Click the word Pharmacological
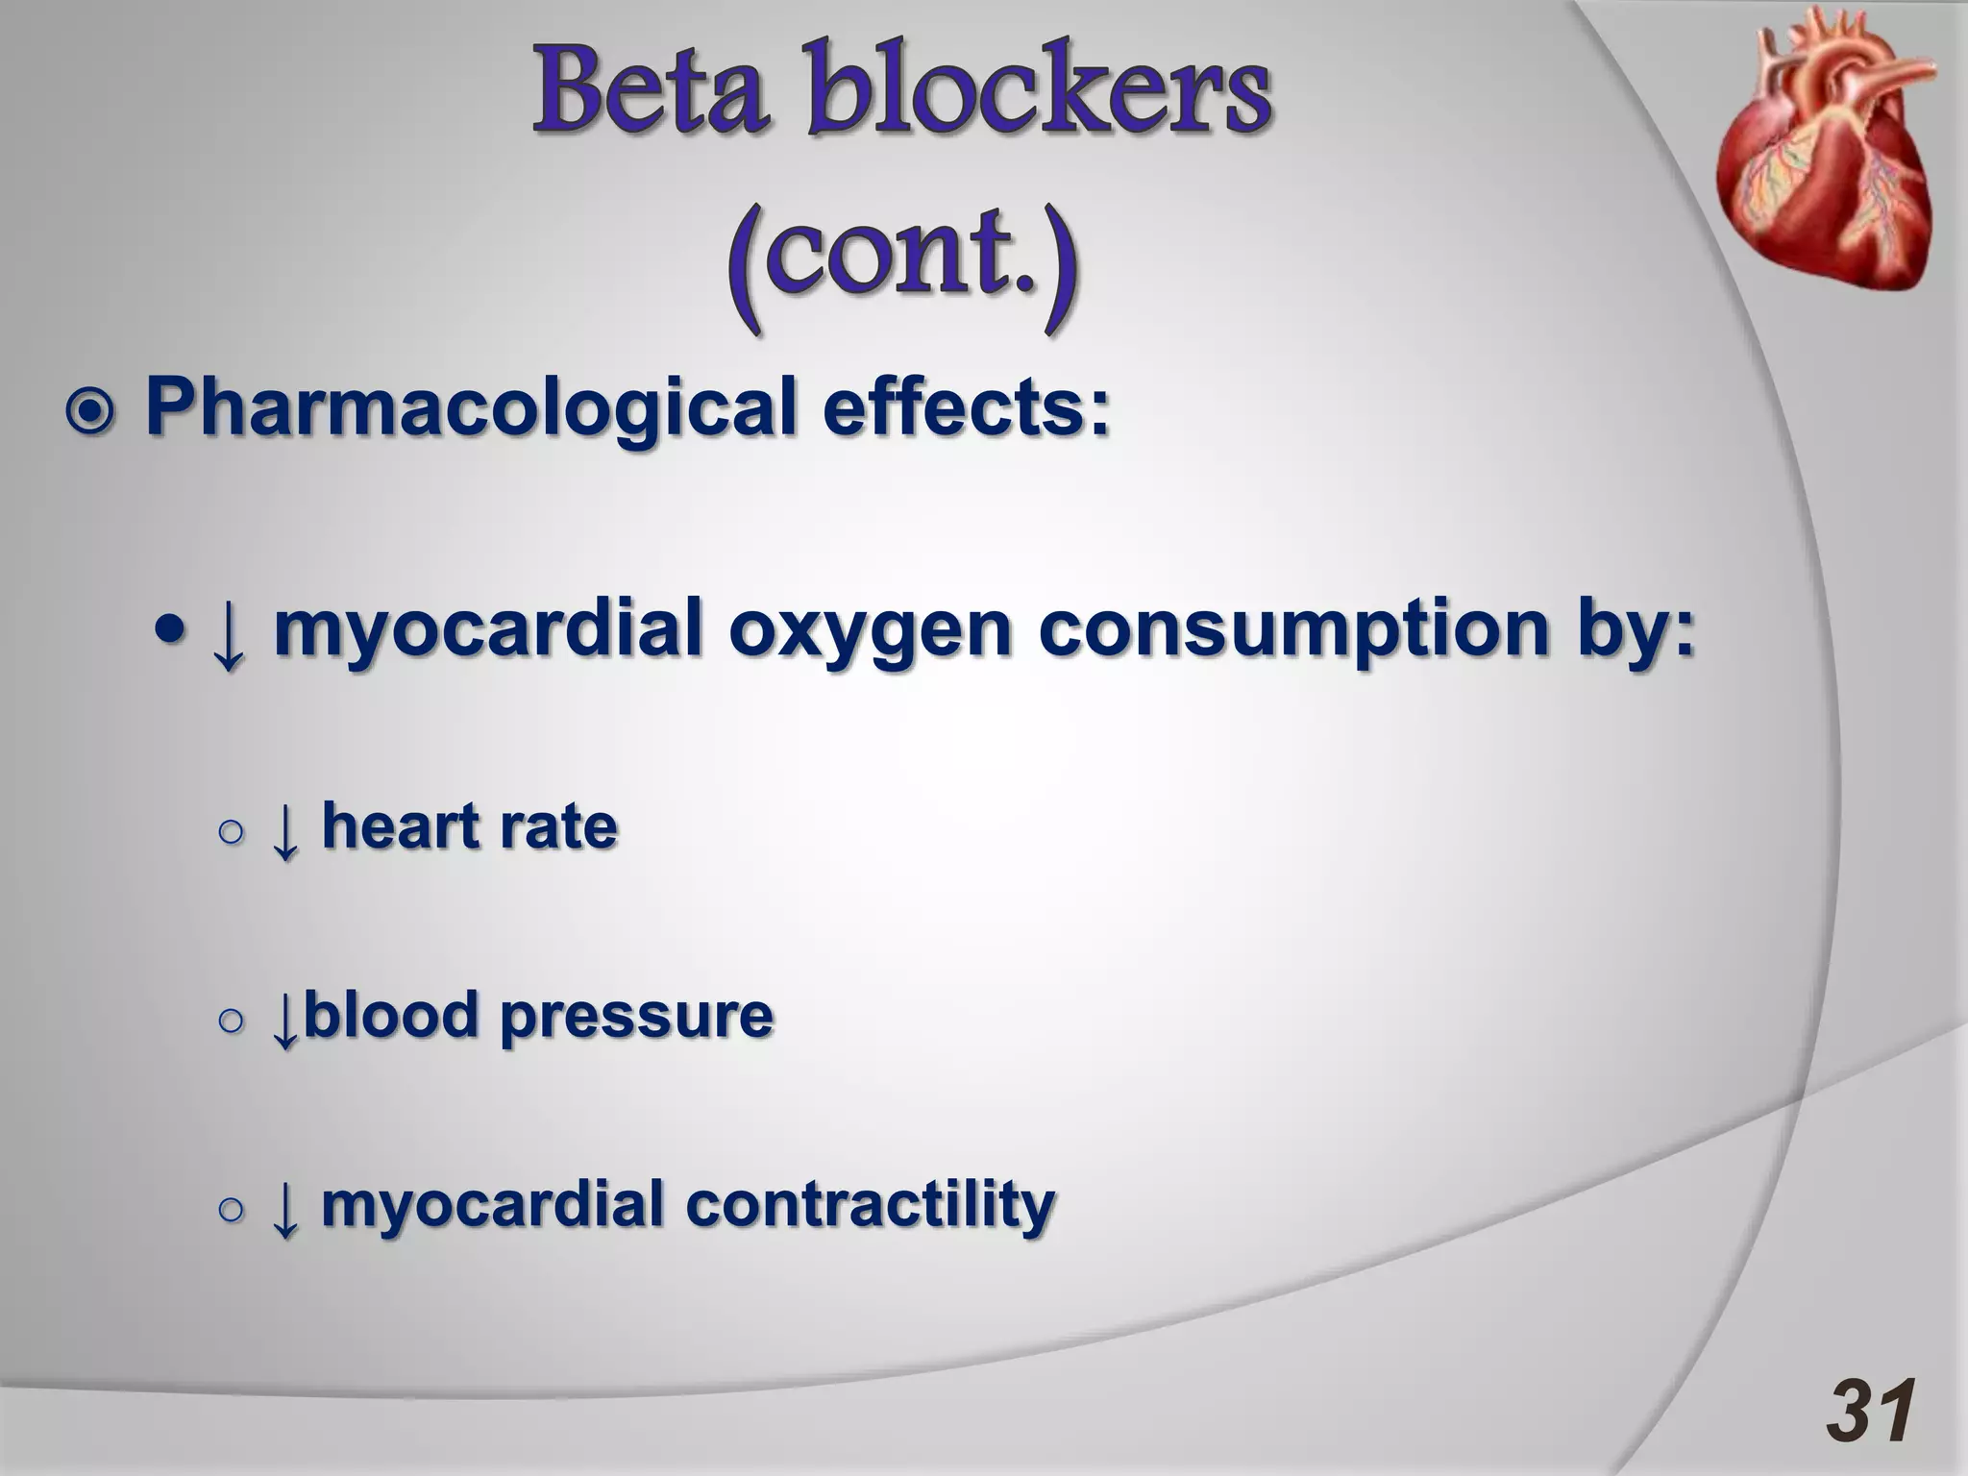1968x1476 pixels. [471, 408]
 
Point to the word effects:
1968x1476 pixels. [966, 408]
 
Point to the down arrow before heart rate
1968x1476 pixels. [284, 832]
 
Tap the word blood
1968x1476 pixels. [390, 1015]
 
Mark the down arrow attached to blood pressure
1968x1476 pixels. [284, 1021]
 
